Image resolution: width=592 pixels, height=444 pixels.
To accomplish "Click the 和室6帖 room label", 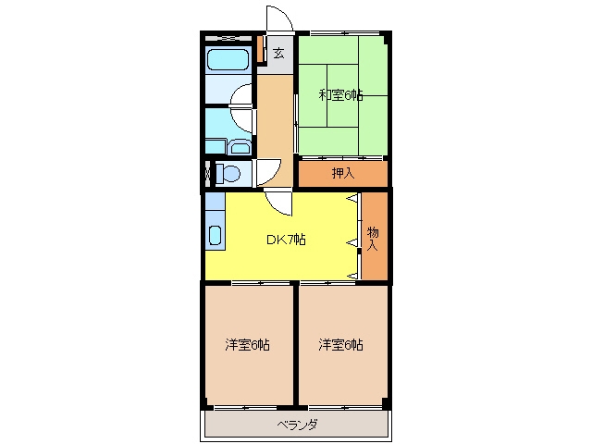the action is [341, 94].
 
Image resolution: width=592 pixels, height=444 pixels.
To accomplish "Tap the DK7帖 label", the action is [286, 240].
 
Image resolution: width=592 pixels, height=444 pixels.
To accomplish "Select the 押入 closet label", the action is [343, 173].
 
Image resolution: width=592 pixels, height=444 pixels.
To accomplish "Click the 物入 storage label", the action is [373, 239].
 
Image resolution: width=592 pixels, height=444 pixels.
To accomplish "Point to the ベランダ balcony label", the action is [297, 425].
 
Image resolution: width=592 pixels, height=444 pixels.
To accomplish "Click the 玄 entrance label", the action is [278, 54].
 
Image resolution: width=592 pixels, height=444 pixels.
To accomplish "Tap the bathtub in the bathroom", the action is [228, 59].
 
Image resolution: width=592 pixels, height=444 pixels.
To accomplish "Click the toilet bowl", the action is [228, 174].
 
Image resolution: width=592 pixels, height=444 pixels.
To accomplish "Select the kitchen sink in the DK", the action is [215, 235].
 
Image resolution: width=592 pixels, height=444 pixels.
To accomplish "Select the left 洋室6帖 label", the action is [247, 345].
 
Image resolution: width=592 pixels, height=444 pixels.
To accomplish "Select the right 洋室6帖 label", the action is [340, 345].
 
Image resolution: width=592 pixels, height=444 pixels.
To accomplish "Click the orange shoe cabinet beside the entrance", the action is [260, 48].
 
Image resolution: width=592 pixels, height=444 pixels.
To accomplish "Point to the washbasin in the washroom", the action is [240, 147].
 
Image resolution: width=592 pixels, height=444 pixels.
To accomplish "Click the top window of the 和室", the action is [344, 33].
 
